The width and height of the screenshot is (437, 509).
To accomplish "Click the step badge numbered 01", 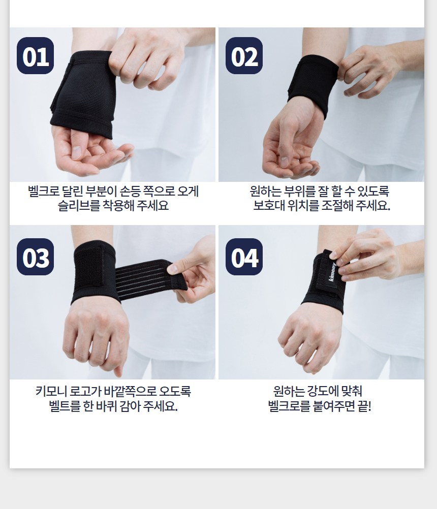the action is coord(36,55).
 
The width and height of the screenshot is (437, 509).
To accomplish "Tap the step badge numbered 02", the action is coord(244,55).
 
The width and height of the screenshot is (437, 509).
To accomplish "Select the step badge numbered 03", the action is coord(36,257).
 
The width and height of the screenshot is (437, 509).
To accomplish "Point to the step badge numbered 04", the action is coord(244,257).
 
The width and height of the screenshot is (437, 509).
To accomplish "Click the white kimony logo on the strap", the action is coord(333,275).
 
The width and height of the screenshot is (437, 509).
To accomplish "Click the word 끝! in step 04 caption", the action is coord(364,406).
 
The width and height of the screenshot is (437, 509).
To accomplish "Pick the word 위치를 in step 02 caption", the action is coord(303,206).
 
